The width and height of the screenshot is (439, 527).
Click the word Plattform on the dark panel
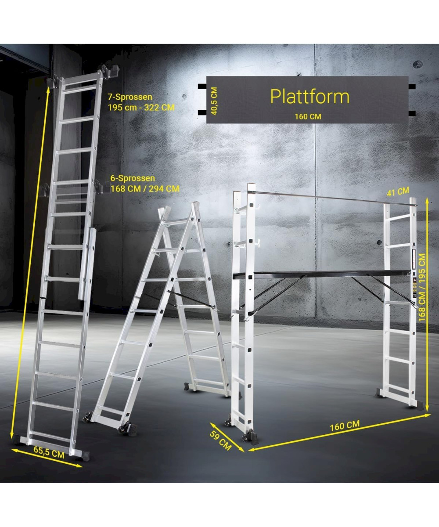310,97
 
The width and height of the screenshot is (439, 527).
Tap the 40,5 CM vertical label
214,101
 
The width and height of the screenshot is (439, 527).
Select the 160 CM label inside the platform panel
308,117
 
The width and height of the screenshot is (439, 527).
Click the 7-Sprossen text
130,97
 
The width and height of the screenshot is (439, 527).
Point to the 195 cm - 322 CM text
141,108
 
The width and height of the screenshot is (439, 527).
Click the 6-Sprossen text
133,178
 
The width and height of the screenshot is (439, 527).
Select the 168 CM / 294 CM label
145,188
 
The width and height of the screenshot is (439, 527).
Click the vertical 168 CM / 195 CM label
422,287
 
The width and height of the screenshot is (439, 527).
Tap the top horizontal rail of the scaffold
332,199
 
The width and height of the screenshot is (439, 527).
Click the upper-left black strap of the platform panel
202,87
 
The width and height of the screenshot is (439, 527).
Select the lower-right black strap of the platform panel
412,113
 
